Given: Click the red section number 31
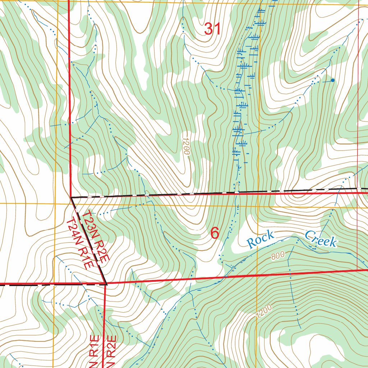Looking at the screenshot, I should coord(212,29).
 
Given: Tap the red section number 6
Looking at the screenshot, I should coord(215,233).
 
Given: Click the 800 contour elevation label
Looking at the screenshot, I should coord(278,256).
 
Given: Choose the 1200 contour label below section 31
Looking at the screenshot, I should coord(186,146).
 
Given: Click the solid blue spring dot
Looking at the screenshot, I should coord(332,80).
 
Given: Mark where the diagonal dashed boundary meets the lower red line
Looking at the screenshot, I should coord(106,284).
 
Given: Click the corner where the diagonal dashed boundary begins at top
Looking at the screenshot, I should coord(71,197).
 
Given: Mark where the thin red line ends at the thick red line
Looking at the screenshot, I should coord(358,269).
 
